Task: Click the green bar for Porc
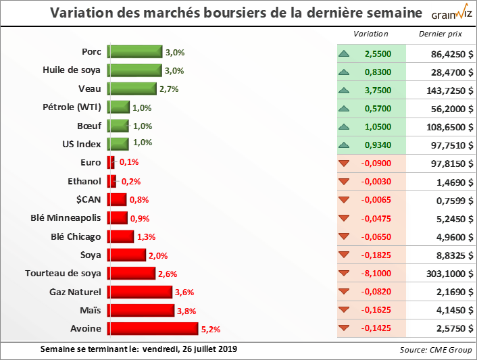pyautogui.click(x=135, y=52)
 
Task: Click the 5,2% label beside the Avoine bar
pyautogui.click(x=211, y=330)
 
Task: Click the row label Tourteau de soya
pyautogui.click(x=63, y=273)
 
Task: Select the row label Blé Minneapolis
pyautogui.click(x=66, y=217)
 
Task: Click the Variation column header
pyautogui.click(x=371, y=34)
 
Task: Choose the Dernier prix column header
pyautogui.click(x=439, y=34)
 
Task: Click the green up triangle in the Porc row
pyautogui.click(x=345, y=52)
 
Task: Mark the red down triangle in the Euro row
pyautogui.click(x=345, y=163)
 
